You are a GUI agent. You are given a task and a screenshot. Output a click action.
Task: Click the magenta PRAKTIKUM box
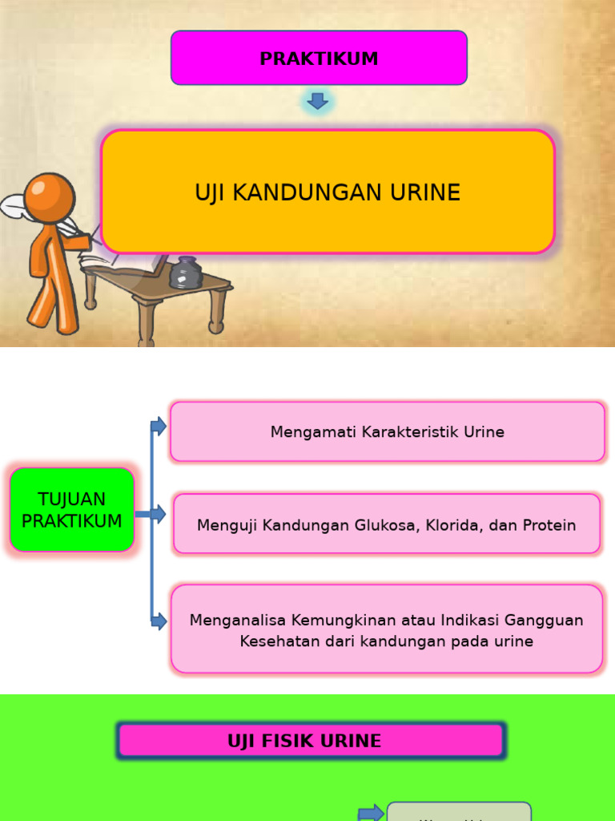tap(319, 59)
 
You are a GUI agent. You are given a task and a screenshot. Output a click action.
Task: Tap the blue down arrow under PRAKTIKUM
tap(318, 101)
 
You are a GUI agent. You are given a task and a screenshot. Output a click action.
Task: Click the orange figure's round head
tap(49, 197)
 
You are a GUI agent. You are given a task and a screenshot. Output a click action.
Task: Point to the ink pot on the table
tap(186, 273)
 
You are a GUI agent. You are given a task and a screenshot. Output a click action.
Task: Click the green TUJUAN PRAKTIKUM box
tap(72, 510)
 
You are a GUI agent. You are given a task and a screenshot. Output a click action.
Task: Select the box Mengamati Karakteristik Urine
tap(387, 432)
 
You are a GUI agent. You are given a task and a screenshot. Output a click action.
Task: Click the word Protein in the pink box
tap(549, 526)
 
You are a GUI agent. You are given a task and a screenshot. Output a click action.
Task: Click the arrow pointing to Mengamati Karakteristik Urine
tap(159, 427)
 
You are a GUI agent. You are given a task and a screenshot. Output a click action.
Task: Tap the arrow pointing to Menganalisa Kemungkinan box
tap(159, 621)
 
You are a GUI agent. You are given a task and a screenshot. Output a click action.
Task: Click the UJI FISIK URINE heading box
tap(311, 741)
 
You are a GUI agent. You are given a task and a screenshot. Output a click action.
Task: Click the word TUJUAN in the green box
tap(72, 499)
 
